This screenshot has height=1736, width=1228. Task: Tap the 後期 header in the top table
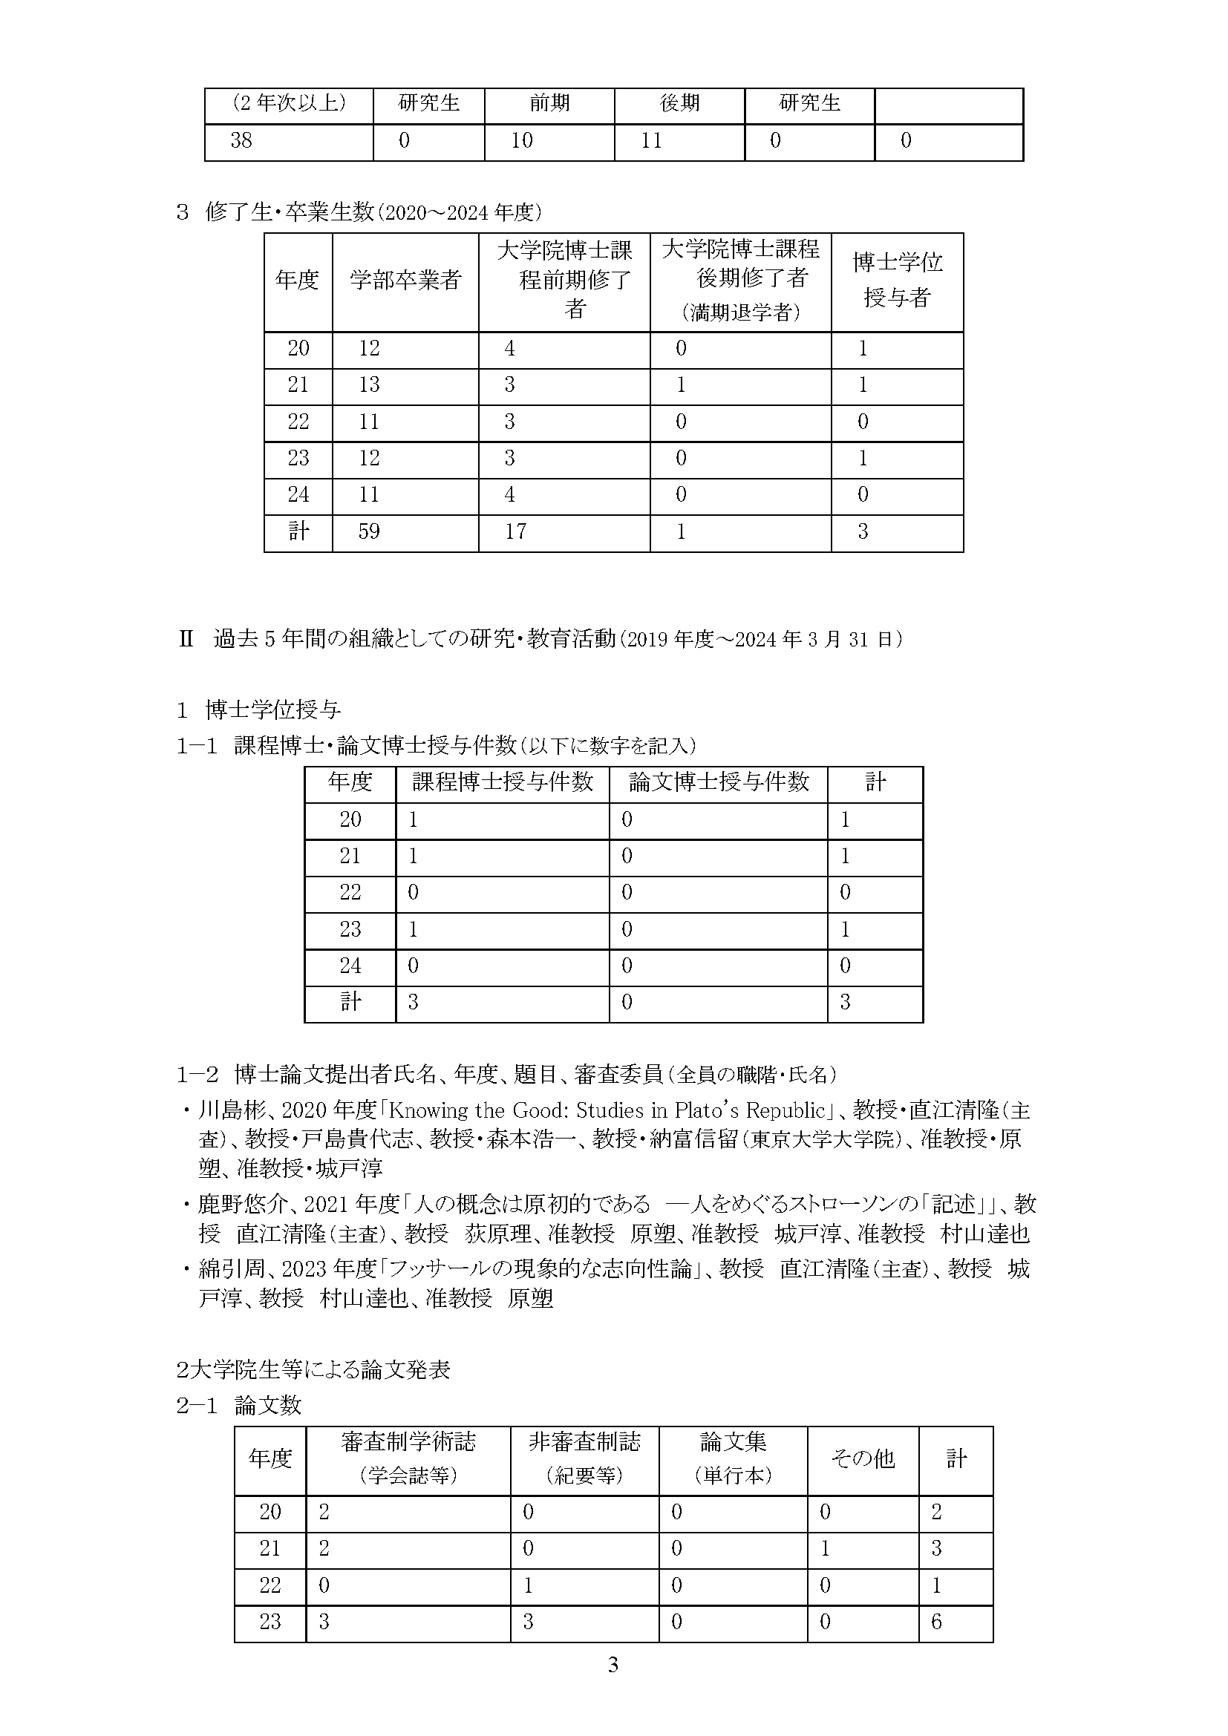coord(679,104)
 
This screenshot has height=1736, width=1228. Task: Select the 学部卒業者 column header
coord(405,281)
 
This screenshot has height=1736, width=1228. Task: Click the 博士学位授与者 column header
coord(897,280)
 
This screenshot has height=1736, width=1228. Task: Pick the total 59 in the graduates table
coord(369,532)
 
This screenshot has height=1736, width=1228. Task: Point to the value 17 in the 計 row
coord(515,532)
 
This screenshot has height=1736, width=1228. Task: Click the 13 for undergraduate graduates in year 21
coord(369,386)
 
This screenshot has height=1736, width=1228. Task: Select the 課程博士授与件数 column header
coord(502,782)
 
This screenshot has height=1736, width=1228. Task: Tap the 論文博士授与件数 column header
coord(719,782)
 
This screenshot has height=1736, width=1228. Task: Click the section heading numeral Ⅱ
coord(186,641)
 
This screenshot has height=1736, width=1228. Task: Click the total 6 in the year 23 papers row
coord(936,1622)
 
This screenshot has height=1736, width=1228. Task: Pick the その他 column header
coord(863,1458)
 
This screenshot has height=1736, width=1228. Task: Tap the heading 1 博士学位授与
coord(258,710)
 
